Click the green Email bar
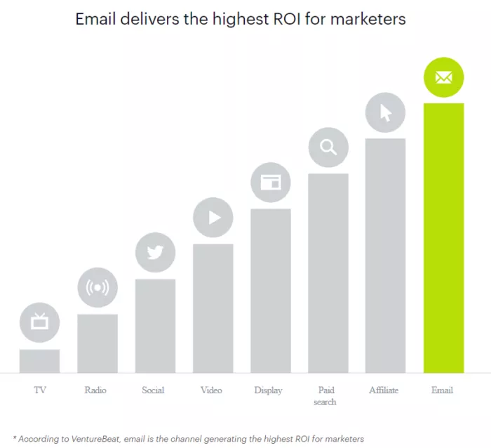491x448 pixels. [443, 239]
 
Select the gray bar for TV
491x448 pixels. [39, 361]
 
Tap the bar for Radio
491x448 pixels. [97, 343]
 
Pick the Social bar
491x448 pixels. [155, 326]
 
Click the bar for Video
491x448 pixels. [213, 308]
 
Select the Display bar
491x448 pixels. [270, 291]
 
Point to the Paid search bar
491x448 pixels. [328, 273]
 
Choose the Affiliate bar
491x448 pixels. [386, 256]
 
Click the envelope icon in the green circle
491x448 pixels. [443, 78]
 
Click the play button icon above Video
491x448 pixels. [213, 218]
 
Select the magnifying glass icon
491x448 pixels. [328, 147]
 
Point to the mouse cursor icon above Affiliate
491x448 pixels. [386, 112]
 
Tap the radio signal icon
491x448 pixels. [97, 288]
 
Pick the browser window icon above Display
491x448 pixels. [270, 183]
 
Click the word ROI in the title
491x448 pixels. [303, 19]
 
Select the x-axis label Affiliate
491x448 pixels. [384, 390]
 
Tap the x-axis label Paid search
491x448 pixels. [325, 396]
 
